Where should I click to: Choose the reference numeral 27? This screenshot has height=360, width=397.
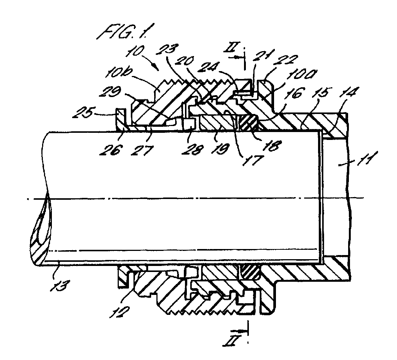click(142, 150)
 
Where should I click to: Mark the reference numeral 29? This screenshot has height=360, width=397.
click(111, 93)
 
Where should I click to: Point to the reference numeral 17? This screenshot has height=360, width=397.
click(252, 160)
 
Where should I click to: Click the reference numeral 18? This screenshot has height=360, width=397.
click(272, 146)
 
